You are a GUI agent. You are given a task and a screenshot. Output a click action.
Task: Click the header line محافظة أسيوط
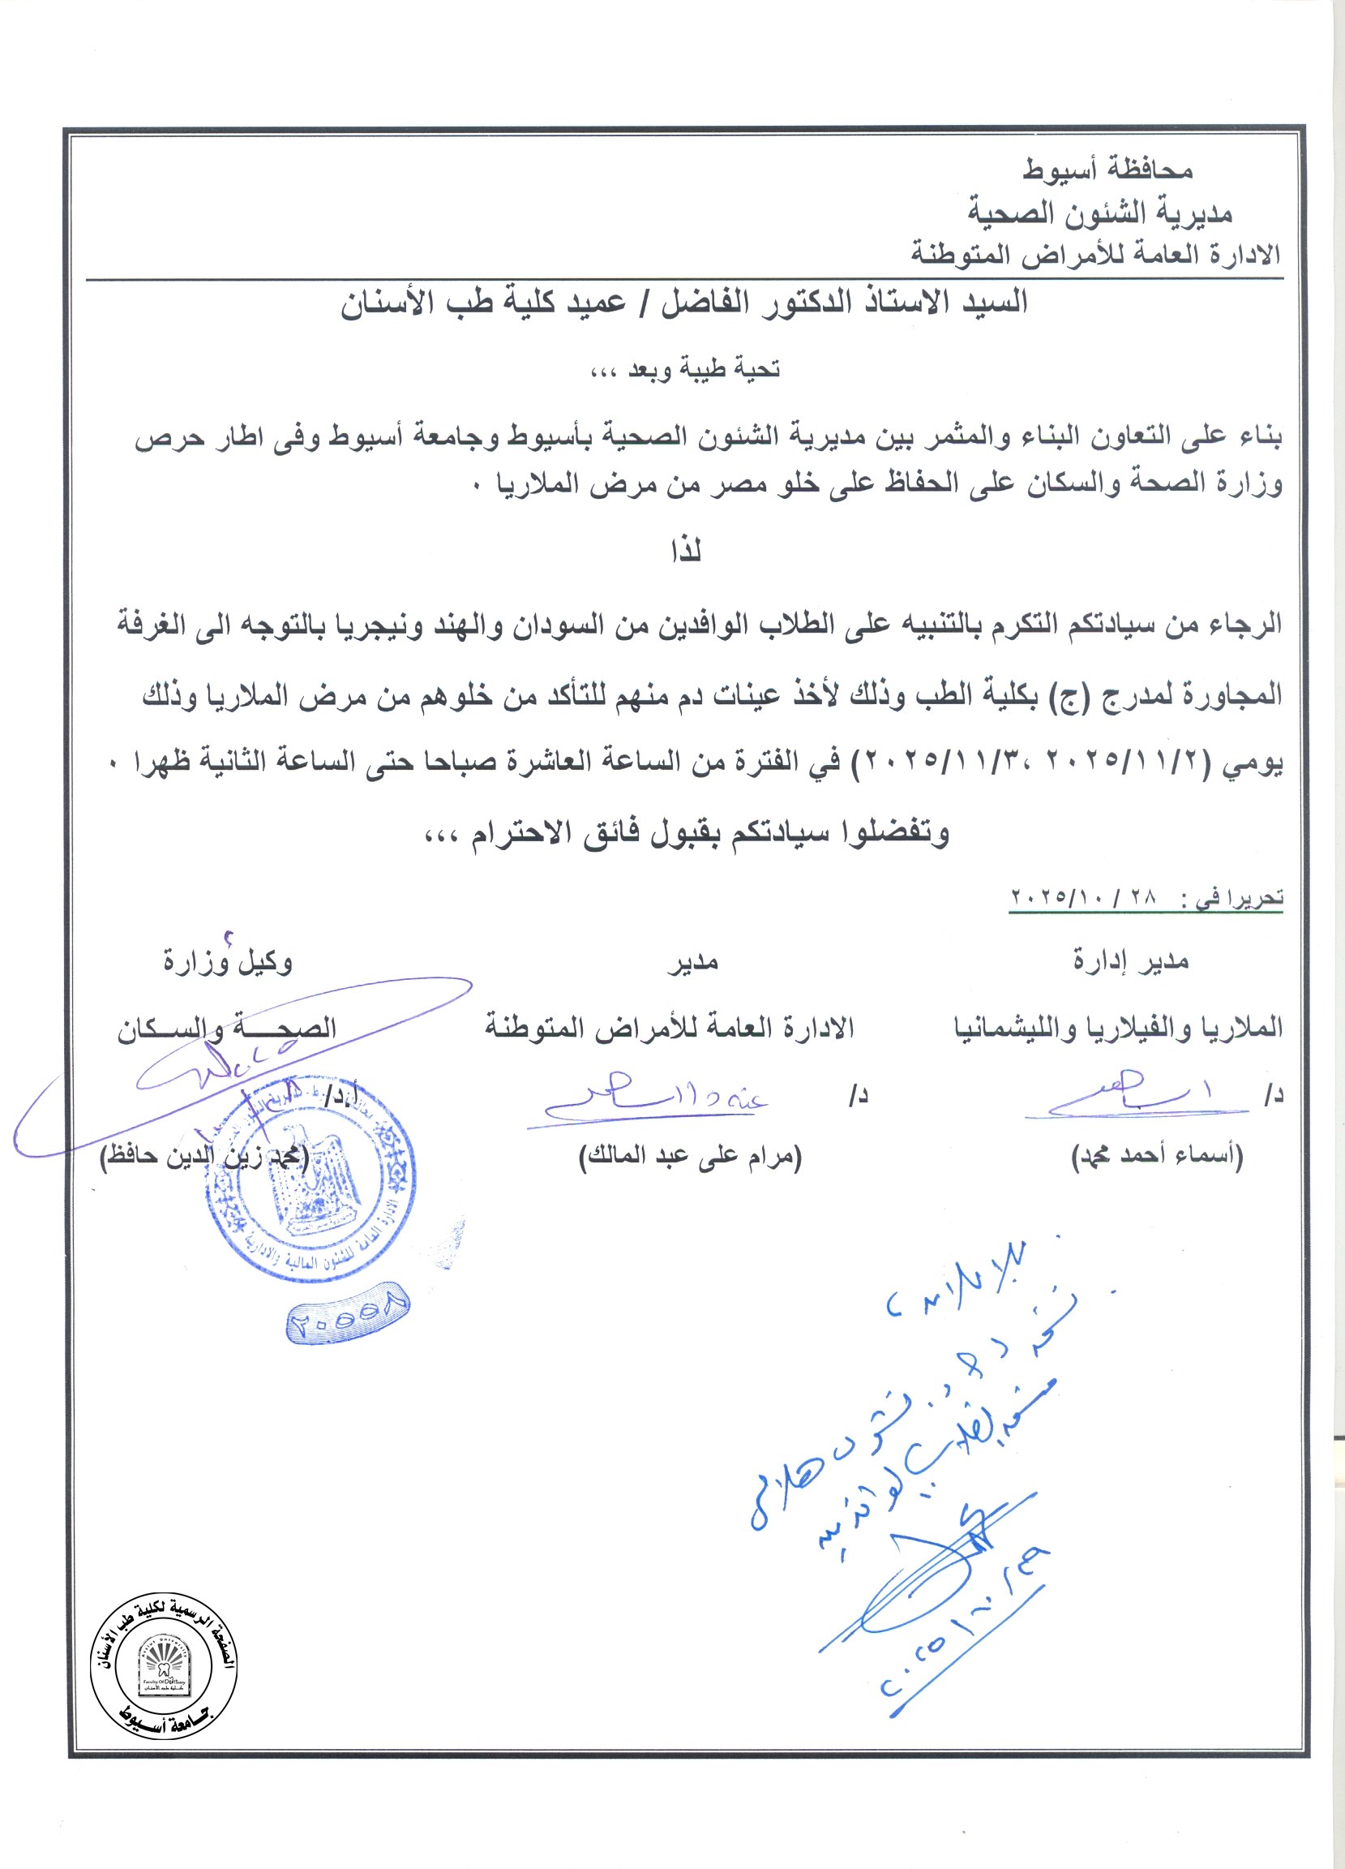coord(1107,170)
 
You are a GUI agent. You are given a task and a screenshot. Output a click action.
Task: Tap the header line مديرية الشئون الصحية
coord(1099,213)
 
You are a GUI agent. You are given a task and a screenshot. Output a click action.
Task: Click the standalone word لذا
coord(685,551)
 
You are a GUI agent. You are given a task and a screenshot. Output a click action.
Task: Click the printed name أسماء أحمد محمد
coord(1156,1157)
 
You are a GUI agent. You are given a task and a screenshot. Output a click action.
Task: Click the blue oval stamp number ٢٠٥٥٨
coord(348,1316)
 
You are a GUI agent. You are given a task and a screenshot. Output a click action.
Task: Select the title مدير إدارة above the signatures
coord(1130,961)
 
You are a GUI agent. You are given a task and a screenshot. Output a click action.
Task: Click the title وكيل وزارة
coord(227,962)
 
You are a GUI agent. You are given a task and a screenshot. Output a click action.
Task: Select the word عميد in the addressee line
coord(585,303)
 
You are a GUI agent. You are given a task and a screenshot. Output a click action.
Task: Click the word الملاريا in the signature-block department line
coord(1241,1028)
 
